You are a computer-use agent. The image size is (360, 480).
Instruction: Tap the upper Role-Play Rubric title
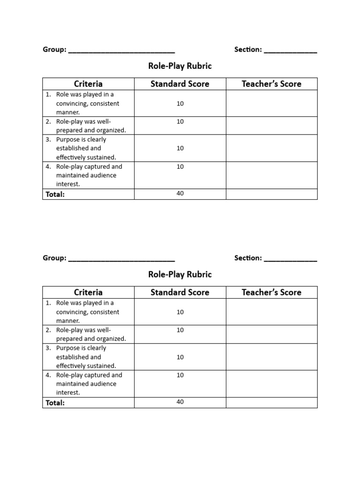point(180,66)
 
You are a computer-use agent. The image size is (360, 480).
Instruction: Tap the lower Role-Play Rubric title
point(180,274)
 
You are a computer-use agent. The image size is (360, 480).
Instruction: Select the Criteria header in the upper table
point(88,84)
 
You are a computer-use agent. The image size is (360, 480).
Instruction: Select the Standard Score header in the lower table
point(180,292)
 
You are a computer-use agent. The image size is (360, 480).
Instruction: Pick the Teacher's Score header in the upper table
point(271,84)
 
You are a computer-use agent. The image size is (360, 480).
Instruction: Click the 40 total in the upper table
point(180,194)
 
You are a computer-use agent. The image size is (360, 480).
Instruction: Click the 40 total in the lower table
point(180,402)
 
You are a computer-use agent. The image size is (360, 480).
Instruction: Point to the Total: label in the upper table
point(55,194)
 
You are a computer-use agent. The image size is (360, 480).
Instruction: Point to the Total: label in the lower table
point(55,403)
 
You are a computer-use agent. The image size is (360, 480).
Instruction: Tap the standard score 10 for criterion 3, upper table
point(180,148)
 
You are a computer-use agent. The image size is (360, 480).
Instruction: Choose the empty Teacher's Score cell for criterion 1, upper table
point(271,103)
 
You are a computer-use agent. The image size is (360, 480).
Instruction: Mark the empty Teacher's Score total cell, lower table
point(271,402)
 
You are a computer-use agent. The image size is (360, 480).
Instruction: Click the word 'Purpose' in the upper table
point(68,140)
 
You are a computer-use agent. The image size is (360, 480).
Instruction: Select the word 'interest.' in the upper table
point(68,184)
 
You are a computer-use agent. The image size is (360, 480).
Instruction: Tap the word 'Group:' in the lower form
point(54,258)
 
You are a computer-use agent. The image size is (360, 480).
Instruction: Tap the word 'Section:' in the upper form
point(248,50)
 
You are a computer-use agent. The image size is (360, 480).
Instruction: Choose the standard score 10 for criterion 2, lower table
point(180,330)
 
